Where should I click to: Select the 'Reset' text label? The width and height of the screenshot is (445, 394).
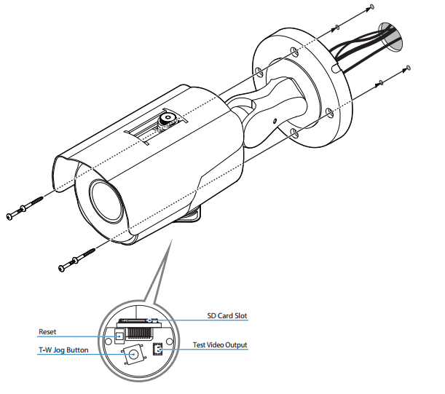pos(48,331)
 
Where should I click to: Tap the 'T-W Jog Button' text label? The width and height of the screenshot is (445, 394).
pos(63,350)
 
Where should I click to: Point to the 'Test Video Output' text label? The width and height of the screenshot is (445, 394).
pos(219,344)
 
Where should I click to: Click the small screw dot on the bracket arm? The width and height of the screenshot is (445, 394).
pos(274,122)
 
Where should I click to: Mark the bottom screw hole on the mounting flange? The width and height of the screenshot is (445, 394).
pos(294,133)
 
